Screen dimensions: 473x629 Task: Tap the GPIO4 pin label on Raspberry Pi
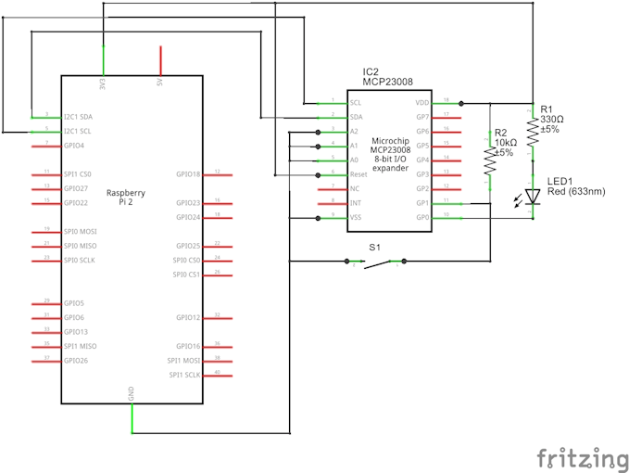[x=74, y=146]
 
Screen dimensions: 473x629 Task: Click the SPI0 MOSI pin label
[x=81, y=231]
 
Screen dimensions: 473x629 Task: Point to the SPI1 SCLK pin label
[x=183, y=374]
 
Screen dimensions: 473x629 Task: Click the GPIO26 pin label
[x=76, y=360]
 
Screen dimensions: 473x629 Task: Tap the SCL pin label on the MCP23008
[x=355, y=103]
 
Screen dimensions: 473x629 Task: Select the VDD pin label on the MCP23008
[x=422, y=103]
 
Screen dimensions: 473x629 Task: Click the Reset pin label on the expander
[x=358, y=173]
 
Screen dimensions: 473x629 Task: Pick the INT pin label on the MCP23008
[x=355, y=202]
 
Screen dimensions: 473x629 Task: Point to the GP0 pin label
[x=422, y=217]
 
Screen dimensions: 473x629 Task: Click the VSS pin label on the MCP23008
[x=356, y=217]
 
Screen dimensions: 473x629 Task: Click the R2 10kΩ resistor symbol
[x=488, y=163]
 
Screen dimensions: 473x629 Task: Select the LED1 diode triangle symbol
[x=533, y=196]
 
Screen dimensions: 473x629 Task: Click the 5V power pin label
[x=159, y=83]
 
